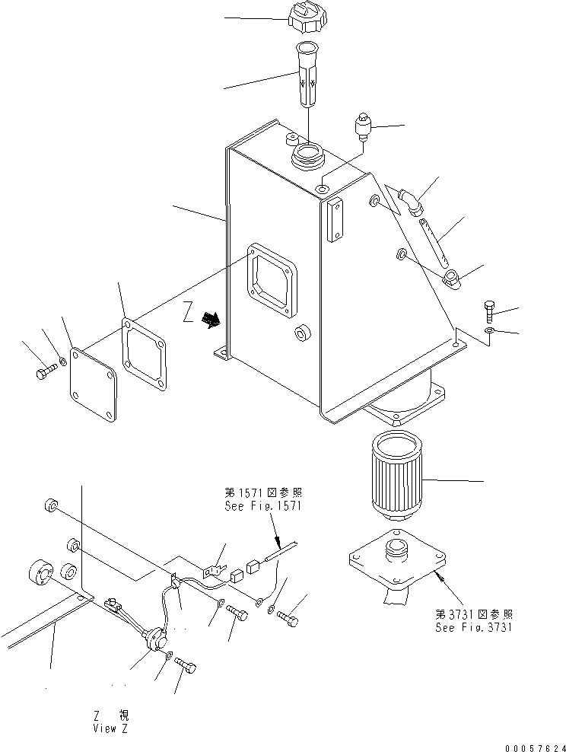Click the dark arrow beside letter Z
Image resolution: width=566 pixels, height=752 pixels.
pos(210,319)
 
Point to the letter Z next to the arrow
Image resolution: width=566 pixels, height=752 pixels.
pos(188,314)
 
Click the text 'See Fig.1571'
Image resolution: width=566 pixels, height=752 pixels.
pos(263,505)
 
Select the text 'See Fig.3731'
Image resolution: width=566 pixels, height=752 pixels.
pos(473,627)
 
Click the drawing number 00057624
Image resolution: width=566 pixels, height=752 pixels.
pos(535,747)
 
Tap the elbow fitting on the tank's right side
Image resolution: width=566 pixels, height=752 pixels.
pos(410,202)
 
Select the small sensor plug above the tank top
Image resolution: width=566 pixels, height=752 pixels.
pos(364,126)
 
